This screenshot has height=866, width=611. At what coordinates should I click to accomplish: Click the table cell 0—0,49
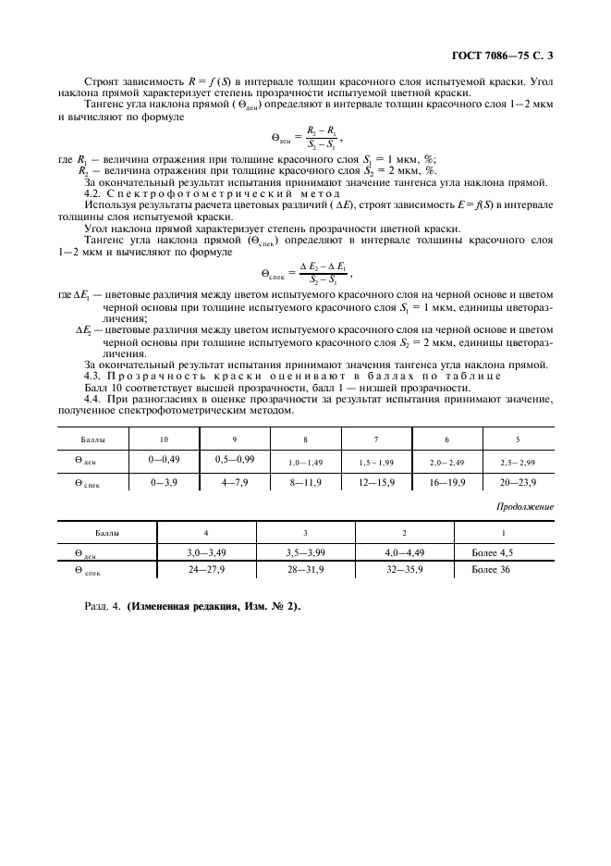coord(164,459)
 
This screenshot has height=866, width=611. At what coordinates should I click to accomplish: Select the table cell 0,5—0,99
coord(235,459)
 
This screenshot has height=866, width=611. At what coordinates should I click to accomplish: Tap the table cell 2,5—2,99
coord(518,460)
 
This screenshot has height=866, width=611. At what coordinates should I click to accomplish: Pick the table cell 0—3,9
coord(164,482)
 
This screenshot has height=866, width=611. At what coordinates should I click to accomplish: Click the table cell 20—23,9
coord(518,482)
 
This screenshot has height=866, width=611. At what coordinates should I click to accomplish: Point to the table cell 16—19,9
coord(446,482)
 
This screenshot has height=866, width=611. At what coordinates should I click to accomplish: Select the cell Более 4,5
coord(492,552)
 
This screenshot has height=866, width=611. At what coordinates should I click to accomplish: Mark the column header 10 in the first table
coord(164,439)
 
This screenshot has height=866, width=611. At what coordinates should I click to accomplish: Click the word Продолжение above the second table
coord(525,506)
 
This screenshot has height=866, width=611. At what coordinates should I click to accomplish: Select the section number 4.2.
coord(92,192)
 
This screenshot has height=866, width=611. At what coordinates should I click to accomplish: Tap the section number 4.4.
coord(92,399)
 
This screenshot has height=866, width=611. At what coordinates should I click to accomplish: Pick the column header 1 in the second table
coord(503,533)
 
